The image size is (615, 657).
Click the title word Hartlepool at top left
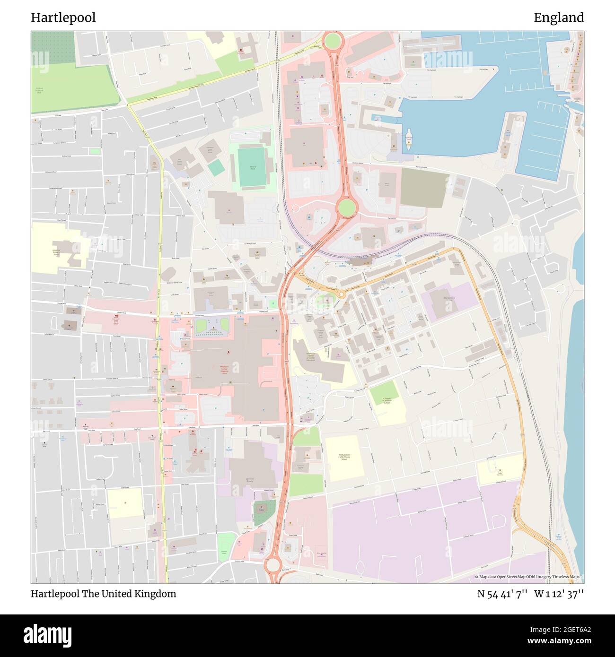[63, 18]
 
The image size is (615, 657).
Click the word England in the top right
[558, 18]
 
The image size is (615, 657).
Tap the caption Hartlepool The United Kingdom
[103, 594]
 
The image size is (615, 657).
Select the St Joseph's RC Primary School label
[387, 400]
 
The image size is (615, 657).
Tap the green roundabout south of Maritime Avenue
[346, 206]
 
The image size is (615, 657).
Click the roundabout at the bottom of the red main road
[273, 565]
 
